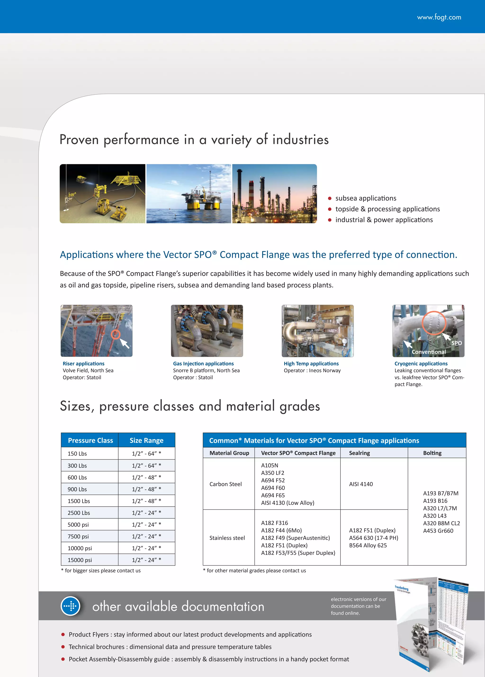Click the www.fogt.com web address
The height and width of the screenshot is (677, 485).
click(439, 17)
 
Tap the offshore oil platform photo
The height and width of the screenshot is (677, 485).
click(189, 193)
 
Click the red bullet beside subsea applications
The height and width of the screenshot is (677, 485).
click(330, 199)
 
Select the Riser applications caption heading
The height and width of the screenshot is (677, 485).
click(84, 364)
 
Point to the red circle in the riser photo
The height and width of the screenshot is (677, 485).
click(116, 334)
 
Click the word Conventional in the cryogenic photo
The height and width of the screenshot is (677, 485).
click(429, 352)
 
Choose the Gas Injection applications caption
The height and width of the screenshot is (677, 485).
click(203, 364)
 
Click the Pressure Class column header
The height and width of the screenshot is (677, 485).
click(90, 440)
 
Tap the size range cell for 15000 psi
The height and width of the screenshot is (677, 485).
click(146, 560)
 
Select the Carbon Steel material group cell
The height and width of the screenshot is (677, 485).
click(225, 484)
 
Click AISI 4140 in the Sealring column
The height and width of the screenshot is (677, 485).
click(361, 484)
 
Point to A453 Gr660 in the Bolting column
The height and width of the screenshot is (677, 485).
click(438, 531)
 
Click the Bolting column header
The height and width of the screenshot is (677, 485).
click(432, 453)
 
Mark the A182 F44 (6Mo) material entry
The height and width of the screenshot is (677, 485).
click(281, 530)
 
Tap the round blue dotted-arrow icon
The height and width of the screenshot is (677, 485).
click(71, 606)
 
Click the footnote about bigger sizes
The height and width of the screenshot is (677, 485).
click(101, 570)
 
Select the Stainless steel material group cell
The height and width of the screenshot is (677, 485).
click(227, 538)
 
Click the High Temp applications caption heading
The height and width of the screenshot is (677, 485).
click(311, 364)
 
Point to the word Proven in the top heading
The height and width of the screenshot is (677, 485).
click(79, 140)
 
